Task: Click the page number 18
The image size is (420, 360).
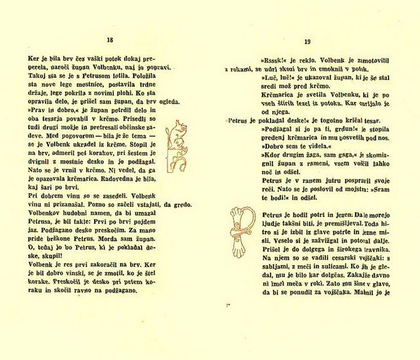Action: tap(109, 40)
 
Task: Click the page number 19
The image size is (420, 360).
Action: tap(307, 41)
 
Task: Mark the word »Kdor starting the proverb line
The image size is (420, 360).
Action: tap(271, 154)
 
